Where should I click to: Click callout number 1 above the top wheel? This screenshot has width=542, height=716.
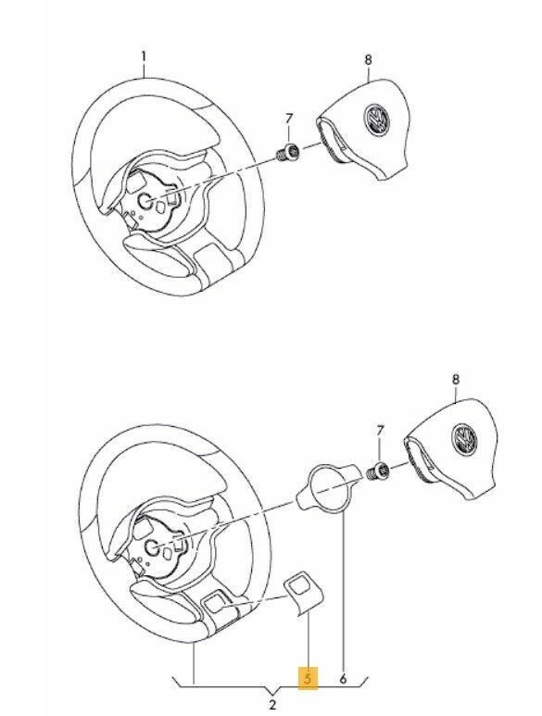(x=144, y=57)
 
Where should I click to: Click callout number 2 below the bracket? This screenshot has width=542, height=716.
(x=272, y=705)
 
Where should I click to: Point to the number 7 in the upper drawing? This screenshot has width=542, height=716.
(x=288, y=119)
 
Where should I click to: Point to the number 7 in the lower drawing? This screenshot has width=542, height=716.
(x=381, y=430)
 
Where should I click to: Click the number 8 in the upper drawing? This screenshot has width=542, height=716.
(x=368, y=60)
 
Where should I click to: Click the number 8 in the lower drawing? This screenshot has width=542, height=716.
(x=455, y=380)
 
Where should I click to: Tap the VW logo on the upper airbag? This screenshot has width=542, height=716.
(x=377, y=120)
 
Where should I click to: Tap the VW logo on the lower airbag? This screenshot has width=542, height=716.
(x=464, y=439)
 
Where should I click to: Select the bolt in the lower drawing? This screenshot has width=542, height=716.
(x=379, y=471)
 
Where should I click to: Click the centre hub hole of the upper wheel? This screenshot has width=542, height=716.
(x=146, y=200)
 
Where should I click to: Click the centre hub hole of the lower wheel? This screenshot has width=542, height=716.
(x=152, y=546)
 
